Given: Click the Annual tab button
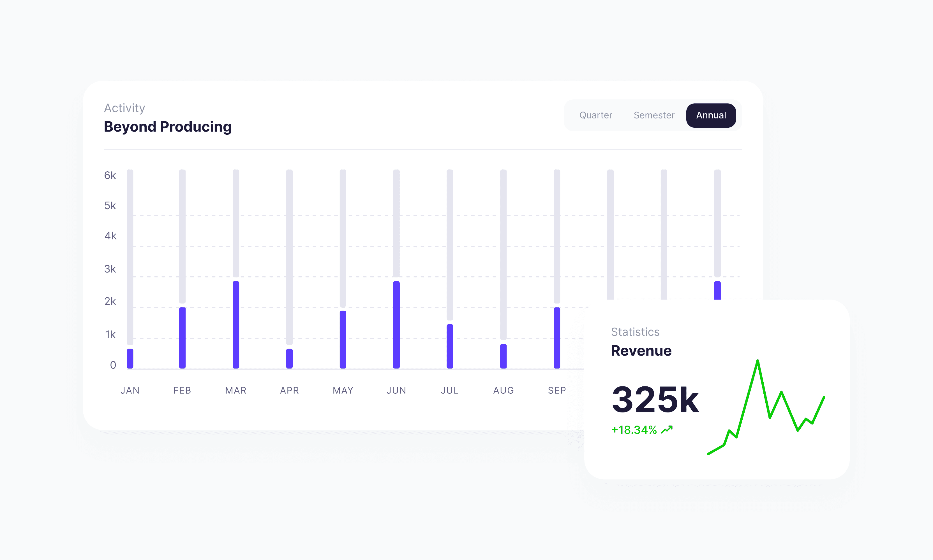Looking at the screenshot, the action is pos(711,115).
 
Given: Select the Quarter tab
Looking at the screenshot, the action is pos(596,115).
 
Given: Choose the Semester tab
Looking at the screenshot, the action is pos(654,115).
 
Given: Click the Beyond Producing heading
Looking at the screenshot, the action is pos(168,127).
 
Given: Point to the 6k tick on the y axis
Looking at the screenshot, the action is pos(110,176).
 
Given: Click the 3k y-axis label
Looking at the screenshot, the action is pos(110,269).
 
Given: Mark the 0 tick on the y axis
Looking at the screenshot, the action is pos(113,365).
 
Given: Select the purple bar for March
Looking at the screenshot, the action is pos(236,325).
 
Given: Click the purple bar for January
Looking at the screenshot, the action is pos(130,358).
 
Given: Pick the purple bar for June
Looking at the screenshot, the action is pos(396,325).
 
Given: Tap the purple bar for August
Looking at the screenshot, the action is pos(504,356).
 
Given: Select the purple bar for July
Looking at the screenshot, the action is pos(450,346).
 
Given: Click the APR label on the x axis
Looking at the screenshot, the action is pos(289,391).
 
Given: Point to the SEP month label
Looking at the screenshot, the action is pos(557,391).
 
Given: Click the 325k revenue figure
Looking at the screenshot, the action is pos(655,400).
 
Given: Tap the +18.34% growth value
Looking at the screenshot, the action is pos(634,430).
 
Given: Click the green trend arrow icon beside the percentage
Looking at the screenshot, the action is pos(667,430).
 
